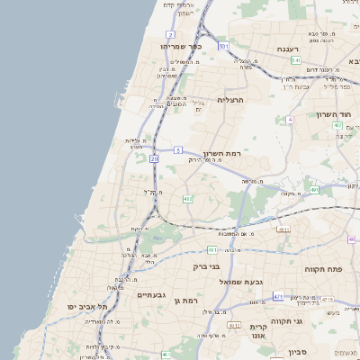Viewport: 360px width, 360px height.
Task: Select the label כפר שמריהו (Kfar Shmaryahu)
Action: click(182, 46)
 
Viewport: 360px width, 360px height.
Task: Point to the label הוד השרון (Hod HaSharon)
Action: click(337, 114)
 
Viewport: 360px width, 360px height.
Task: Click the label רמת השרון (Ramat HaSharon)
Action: click(221, 154)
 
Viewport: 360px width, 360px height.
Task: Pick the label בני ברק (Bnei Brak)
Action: click(207, 266)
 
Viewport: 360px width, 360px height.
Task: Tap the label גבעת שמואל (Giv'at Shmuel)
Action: click(241, 282)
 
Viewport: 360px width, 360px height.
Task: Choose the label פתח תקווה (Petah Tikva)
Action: click(331, 269)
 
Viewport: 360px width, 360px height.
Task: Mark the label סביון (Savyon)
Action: click(312, 346)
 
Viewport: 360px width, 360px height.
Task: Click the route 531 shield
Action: click(223, 45)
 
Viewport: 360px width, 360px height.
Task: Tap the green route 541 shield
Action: click(296, 60)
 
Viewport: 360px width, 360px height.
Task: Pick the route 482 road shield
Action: click(187, 198)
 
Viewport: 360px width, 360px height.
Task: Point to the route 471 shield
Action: click(278, 297)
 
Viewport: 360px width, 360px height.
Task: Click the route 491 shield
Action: click(314, 190)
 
